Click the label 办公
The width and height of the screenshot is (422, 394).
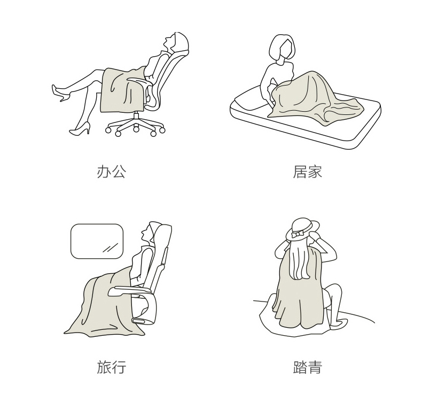[x=111, y=172]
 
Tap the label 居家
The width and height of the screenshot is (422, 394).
[x=307, y=172]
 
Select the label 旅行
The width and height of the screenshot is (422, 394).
[x=111, y=367]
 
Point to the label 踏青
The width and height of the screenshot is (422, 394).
[x=307, y=367]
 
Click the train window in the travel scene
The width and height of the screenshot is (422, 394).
[x=97, y=241]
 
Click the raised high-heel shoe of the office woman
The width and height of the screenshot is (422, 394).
[x=61, y=93]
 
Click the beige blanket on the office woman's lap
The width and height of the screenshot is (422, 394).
[x=122, y=90]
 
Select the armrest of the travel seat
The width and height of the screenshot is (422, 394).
[x=130, y=290]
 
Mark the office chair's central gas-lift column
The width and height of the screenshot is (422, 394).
[x=136, y=116]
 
